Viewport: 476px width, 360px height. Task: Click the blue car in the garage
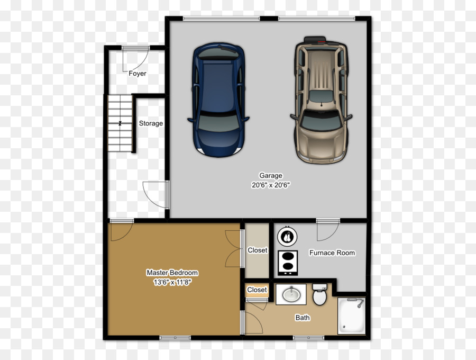click(x=218, y=100)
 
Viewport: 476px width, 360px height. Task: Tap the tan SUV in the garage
click(x=321, y=100)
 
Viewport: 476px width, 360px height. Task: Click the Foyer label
click(x=137, y=74)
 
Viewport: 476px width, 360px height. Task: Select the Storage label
click(x=151, y=123)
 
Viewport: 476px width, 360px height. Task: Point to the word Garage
click(x=271, y=176)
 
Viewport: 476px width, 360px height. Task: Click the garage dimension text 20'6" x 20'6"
click(x=271, y=185)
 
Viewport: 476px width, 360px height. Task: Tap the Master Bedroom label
click(x=172, y=273)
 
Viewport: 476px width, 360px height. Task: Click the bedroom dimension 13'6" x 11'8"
click(x=172, y=282)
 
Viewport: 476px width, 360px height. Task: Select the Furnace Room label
click(x=332, y=253)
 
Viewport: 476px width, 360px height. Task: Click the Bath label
click(x=303, y=318)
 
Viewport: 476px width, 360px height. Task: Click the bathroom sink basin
click(x=291, y=294)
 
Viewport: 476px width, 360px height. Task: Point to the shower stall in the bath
click(x=352, y=316)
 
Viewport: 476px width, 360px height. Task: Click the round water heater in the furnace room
click(x=287, y=237)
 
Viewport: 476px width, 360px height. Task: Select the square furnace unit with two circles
click(x=288, y=263)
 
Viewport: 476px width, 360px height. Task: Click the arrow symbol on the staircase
click(x=120, y=123)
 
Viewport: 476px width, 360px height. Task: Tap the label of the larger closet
click(x=258, y=250)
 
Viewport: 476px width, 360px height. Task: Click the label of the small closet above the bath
click(x=257, y=290)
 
